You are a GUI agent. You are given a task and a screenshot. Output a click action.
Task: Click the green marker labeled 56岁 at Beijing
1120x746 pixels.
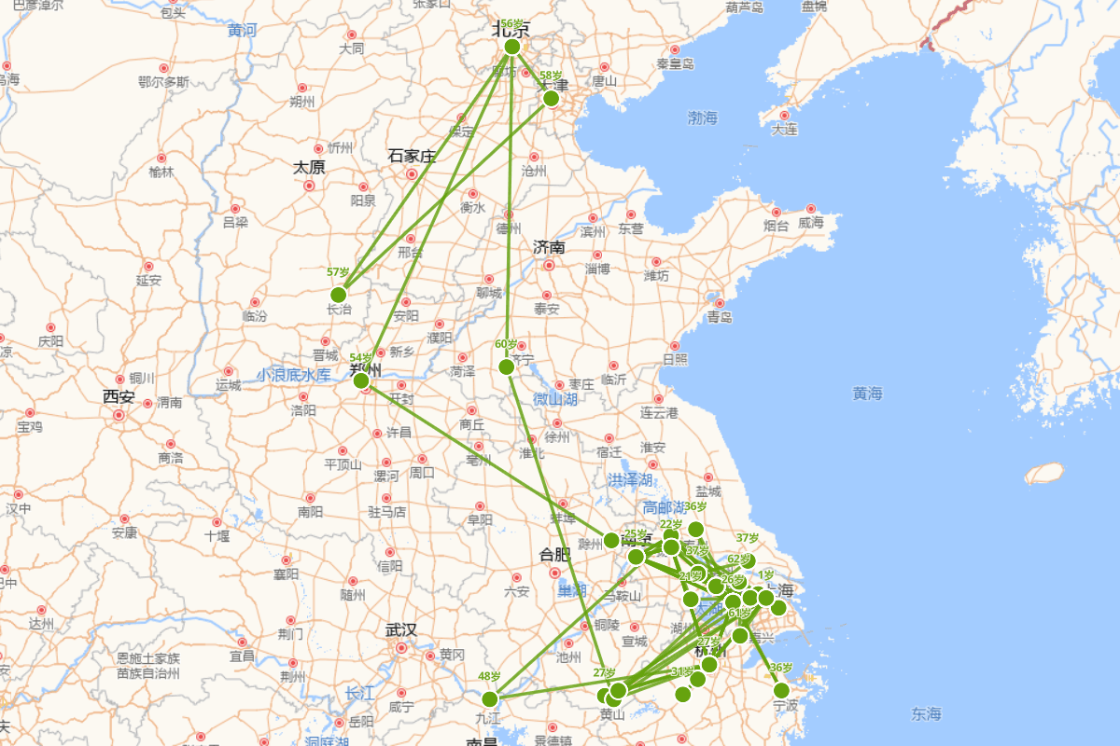[511, 47]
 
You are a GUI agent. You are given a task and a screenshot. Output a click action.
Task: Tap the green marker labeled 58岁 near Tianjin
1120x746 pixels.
[551, 98]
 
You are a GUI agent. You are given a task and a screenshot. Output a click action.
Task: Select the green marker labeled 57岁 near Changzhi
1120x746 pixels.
[339, 295]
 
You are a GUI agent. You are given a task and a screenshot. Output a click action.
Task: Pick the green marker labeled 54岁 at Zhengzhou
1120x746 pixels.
[361, 380]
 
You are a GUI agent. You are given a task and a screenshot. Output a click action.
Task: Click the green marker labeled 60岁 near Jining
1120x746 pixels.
[507, 367]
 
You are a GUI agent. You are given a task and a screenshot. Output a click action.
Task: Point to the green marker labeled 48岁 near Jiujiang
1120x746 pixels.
[490, 699]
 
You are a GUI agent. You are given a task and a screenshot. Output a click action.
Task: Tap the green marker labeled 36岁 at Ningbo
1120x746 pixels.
[781, 690]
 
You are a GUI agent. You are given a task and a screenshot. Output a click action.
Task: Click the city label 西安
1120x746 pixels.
[119, 397]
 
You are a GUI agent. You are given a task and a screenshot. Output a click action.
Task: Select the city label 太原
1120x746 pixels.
[309, 168]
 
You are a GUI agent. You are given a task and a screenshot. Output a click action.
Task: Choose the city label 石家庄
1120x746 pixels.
[412, 156]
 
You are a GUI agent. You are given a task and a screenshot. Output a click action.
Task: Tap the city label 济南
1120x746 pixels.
[549, 247]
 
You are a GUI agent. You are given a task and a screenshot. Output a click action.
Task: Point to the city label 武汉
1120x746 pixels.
[400, 630]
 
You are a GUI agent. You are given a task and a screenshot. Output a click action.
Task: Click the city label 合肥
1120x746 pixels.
[554, 555]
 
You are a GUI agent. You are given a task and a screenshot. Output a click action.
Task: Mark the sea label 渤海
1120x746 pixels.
[702, 117]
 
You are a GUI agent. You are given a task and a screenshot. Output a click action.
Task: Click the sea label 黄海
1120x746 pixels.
[867, 394]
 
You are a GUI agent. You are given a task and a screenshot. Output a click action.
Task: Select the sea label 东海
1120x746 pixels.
[926, 714]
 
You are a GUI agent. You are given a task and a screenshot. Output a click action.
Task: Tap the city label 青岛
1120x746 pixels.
[720, 317]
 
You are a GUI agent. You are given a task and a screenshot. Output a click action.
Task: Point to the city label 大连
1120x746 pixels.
[785, 130]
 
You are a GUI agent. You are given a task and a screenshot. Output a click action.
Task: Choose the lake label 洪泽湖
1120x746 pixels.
[629, 479]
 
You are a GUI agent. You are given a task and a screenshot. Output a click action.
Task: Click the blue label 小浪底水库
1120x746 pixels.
[294, 375]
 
